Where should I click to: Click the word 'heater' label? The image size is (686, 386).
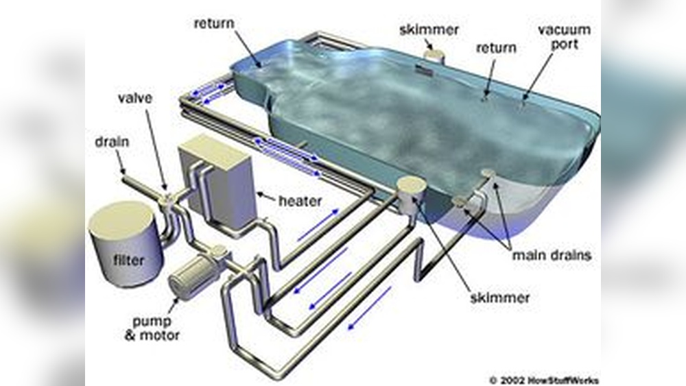[x=299, y=202]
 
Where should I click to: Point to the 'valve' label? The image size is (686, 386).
[x=134, y=98]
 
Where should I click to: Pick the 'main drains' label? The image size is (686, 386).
[x=552, y=255]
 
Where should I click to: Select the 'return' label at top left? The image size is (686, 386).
[x=214, y=23]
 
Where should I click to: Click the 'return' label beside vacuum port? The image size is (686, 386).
[x=497, y=48]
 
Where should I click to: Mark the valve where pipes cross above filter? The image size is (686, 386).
[x=167, y=199]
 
